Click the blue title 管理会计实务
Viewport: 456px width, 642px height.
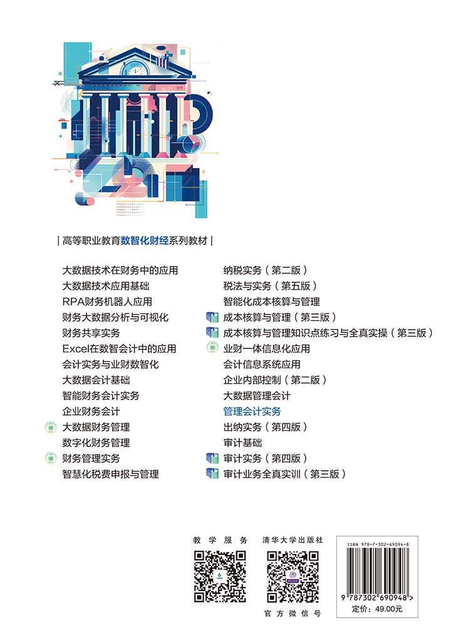coord(252,411)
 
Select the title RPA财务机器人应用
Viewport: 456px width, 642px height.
coord(107,302)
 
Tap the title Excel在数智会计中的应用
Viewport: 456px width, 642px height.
coord(119,349)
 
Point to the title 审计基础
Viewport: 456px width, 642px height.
coord(242,443)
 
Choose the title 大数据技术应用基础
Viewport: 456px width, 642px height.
coord(105,286)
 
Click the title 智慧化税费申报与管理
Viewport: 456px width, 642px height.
coord(110,474)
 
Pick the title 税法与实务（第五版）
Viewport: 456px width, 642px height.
coord(271,286)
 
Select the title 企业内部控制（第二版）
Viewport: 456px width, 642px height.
coord(275,380)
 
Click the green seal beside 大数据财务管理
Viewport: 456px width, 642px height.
coord(50,427)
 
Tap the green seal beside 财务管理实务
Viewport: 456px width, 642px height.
coord(50,458)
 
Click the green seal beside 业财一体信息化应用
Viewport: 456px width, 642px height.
coord(212,348)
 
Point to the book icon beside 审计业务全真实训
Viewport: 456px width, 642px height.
coord(212,474)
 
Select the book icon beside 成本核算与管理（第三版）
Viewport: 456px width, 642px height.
coord(212,317)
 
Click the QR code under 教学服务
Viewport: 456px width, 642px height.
coord(220,577)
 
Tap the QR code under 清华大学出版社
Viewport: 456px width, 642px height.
coord(293,577)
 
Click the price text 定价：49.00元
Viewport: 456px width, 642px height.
coord(377,609)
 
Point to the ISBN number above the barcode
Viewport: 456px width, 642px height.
coord(378,545)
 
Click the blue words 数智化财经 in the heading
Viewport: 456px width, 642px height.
coord(145,241)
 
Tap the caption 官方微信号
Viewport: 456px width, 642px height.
coord(293,613)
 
